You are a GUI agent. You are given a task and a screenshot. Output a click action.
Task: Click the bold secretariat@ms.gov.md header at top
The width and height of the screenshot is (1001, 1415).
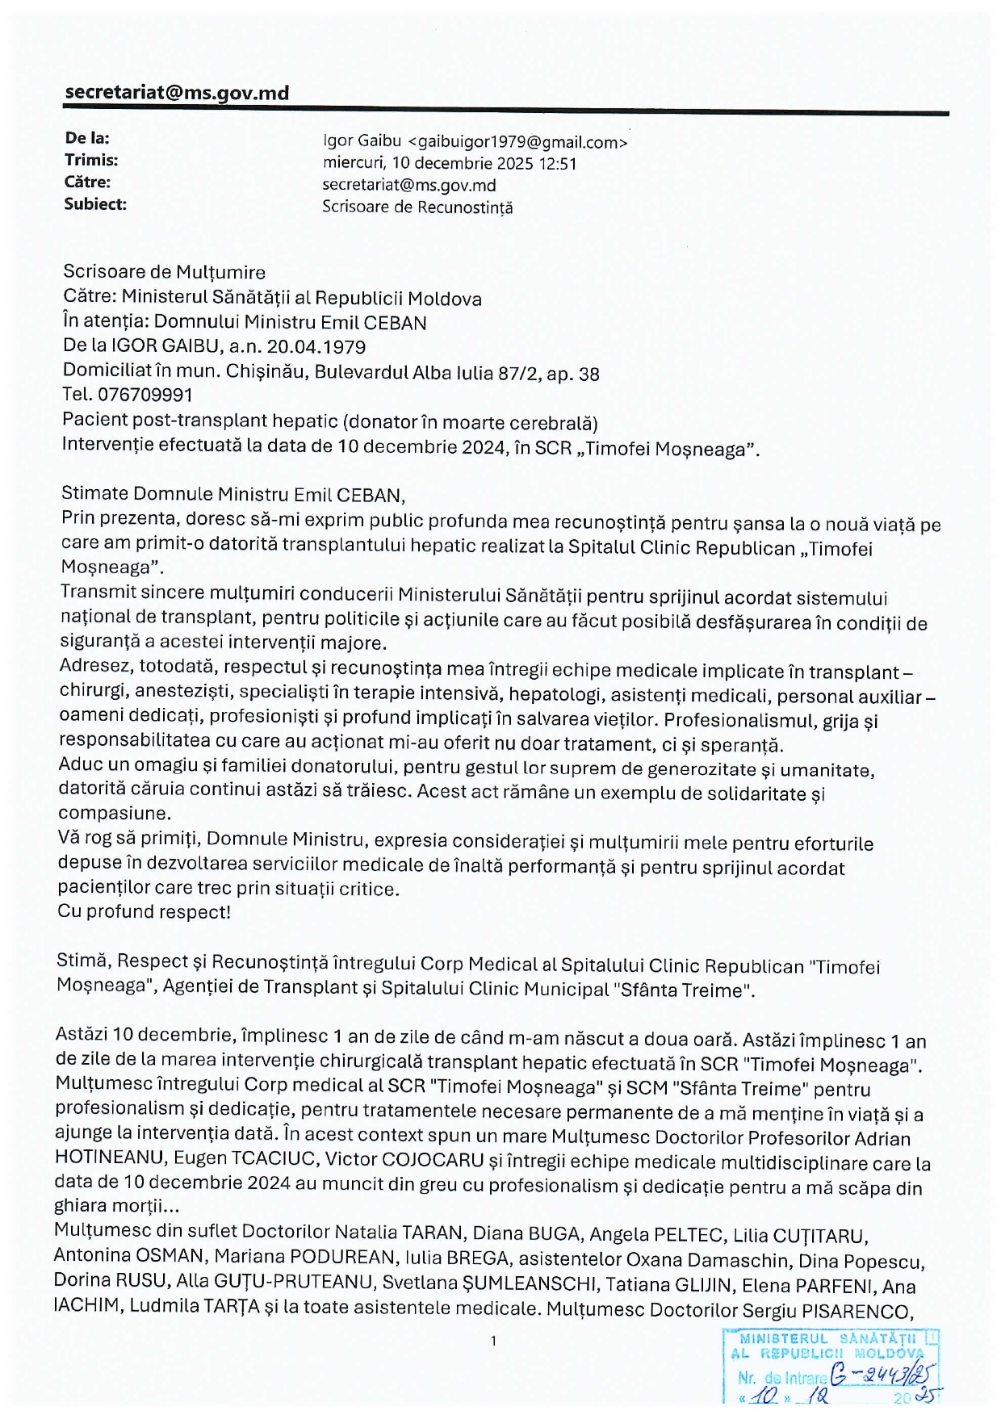[x=176, y=93]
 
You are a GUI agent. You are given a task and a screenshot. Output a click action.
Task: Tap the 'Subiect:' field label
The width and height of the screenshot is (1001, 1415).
[x=95, y=204]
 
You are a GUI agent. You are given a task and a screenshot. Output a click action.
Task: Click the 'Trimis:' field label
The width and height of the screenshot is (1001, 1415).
[x=91, y=161]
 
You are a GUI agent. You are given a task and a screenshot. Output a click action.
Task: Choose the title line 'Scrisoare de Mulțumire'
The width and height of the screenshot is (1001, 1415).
[x=164, y=272]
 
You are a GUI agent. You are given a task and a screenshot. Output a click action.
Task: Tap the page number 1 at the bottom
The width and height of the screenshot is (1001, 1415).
[x=492, y=1342]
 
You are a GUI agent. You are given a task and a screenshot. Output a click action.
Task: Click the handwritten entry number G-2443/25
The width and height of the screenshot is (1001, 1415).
[x=883, y=1374]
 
